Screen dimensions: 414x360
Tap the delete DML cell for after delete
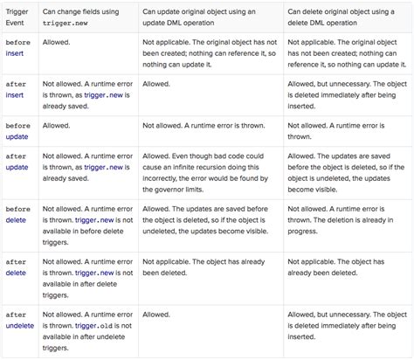click(345, 267)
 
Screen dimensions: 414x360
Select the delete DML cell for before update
click(345, 131)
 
